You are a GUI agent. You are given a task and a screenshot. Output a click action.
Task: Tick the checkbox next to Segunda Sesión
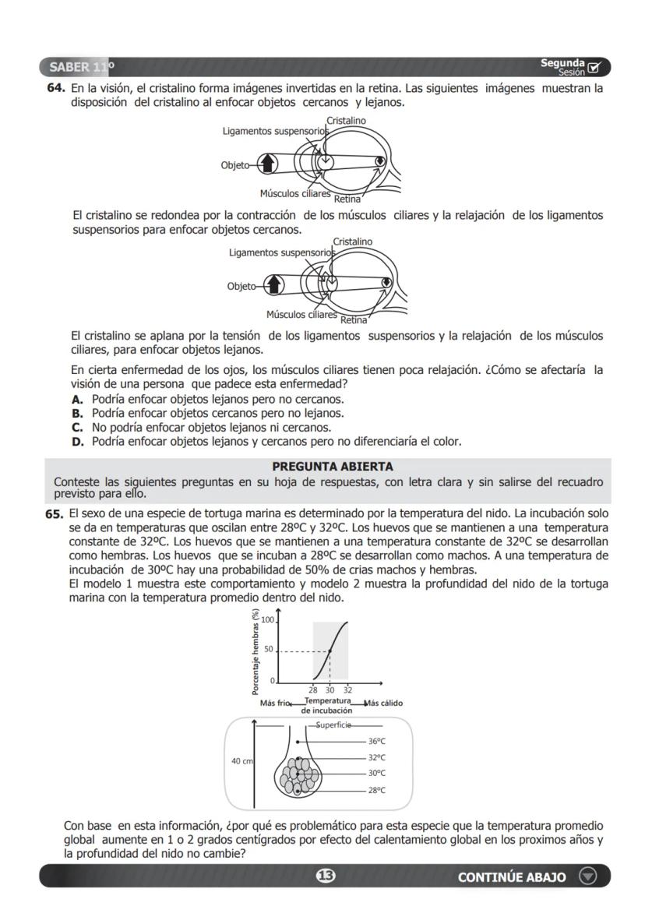[595, 68]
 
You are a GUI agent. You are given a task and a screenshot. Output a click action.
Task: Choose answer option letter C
[77, 428]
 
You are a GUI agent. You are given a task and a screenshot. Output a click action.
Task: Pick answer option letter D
[77, 442]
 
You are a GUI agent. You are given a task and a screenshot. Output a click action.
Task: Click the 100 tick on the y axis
[267, 620]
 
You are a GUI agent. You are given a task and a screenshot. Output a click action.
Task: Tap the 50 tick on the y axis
[269, 651]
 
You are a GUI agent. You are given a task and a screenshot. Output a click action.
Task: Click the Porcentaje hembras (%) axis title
[255, 651]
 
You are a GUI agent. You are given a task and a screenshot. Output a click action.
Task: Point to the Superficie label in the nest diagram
[335, 725]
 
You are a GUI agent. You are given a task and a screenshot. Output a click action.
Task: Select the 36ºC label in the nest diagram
[377, 742]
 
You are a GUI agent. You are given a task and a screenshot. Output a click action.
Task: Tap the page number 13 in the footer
[325, 876]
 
